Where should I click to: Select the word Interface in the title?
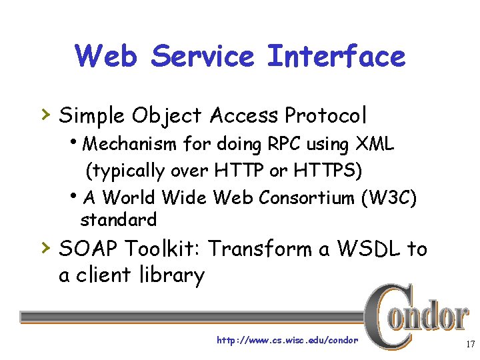[x=336, y=56]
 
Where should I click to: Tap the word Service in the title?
[x=202, y=56]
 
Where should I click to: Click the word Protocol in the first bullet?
[x=326, y=116]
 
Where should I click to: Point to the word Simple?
[x=91, y=116]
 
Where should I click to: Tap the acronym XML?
[x=375, y=144]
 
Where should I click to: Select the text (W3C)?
[x=390, y=198]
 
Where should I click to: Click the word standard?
[x=118, y=219]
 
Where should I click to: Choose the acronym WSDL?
[x=369, y=249]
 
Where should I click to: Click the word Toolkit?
[x=165, y=249]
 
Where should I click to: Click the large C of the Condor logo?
[x=385, y=316]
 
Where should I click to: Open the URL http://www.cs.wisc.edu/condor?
[x=287, y=341]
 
